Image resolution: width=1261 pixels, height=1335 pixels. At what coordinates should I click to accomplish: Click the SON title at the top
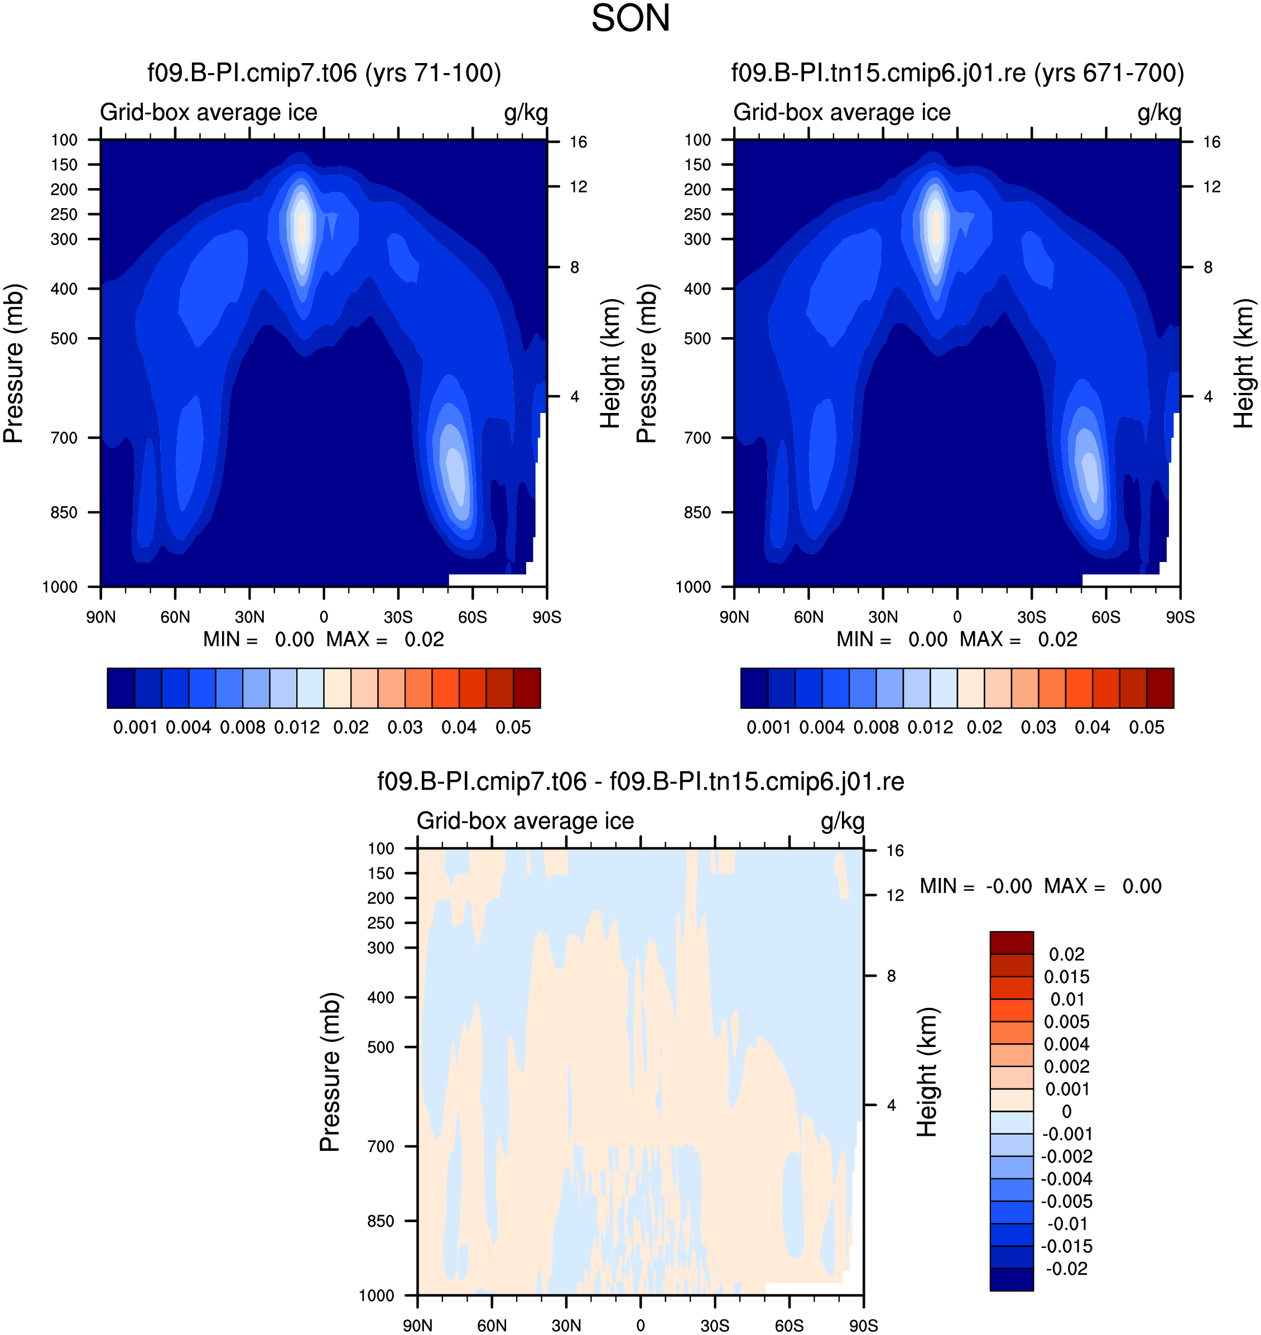630,18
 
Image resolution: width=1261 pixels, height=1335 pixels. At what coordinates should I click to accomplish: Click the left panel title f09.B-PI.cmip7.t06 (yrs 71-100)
324,73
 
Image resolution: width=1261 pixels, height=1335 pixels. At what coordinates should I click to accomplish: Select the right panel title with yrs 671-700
957,73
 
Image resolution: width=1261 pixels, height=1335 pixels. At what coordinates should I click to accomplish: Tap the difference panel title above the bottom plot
641,782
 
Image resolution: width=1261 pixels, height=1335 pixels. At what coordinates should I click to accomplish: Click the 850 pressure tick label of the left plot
64,513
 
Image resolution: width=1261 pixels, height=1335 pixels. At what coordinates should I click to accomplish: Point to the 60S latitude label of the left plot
473,617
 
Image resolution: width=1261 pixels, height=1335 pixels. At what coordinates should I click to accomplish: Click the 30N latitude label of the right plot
883,617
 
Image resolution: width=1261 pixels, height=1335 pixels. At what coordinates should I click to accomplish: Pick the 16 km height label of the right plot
1211,142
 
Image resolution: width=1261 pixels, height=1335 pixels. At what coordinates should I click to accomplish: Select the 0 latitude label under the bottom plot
641,1325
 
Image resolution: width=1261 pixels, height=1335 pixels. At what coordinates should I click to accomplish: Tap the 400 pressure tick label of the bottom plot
381,997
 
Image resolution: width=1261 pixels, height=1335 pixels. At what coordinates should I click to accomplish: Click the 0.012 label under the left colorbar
296,727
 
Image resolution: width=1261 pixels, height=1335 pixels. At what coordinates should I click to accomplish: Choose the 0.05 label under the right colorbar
1146,727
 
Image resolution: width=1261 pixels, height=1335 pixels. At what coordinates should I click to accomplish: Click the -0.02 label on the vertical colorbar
1066,1269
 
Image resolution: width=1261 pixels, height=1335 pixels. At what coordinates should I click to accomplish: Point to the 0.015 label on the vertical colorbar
1067,977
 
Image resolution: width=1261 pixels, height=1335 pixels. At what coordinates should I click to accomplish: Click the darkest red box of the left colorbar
527,688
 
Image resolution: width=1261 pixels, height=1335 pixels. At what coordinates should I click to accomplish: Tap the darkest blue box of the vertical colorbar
1012,1279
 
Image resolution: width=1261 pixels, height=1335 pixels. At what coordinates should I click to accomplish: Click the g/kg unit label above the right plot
1159,113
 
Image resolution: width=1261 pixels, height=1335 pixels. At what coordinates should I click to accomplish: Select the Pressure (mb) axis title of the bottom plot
330,1072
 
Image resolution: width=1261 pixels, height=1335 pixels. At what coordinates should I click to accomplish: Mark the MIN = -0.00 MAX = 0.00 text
1041,886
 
